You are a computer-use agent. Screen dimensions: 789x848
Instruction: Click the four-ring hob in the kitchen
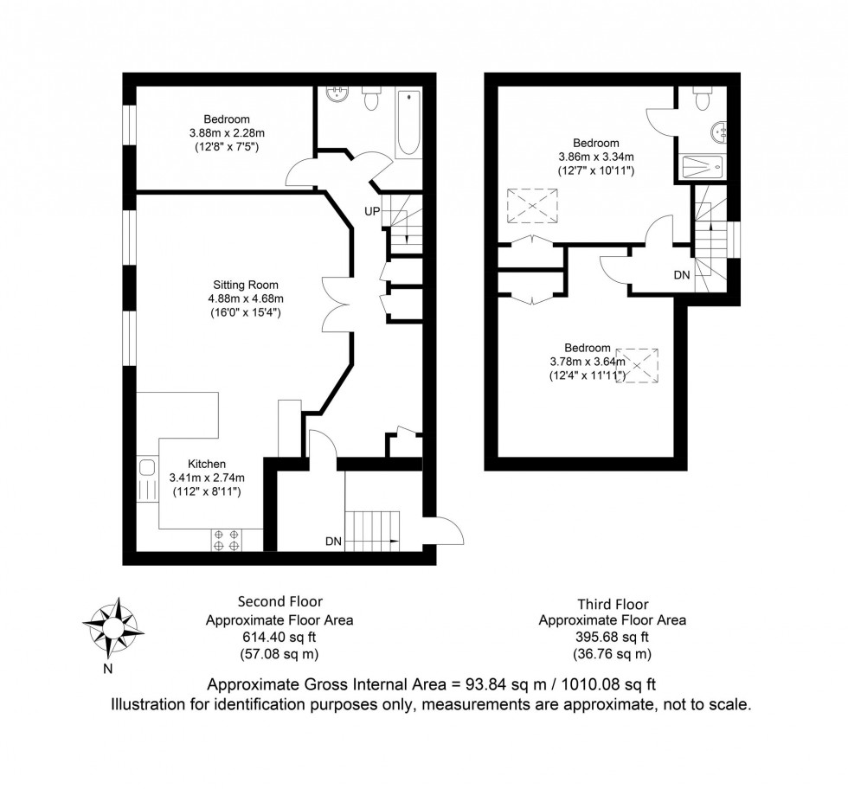pyautogui.click(x=227, y=541)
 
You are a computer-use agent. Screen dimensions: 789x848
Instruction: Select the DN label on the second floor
pyautogui.click(x=334, y=542)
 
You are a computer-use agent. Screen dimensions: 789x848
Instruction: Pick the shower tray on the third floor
pyautogui.click(x=706, y=166)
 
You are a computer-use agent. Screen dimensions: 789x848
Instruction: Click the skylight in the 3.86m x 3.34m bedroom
pyautogui.click(x=530, y=206)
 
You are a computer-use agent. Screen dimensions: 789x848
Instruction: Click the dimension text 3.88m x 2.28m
pyautogui.click(x=227, y=133)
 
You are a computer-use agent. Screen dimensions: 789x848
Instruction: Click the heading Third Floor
pyautogui.click(x=612, y=604)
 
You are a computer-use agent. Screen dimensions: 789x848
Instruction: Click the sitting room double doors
pyautogui.click(x=336, y=303)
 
